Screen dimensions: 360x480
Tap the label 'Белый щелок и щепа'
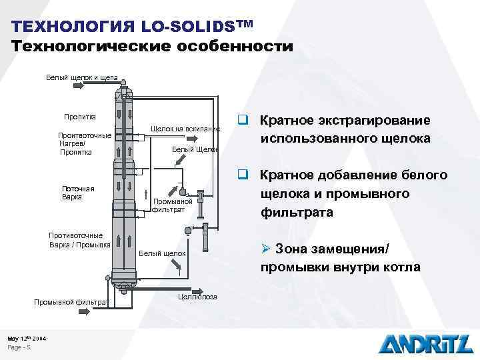point(81,78)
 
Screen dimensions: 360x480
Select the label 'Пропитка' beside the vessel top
point(80,117)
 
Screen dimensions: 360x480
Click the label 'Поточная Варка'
point(77,193)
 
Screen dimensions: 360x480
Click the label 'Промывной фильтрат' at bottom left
point(71,303)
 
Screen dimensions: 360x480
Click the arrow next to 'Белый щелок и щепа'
point(125,78)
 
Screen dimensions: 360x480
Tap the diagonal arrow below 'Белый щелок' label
point(179,267)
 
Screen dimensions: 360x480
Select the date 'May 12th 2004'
point(27,339)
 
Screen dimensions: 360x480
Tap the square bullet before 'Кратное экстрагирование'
point(245,121)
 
